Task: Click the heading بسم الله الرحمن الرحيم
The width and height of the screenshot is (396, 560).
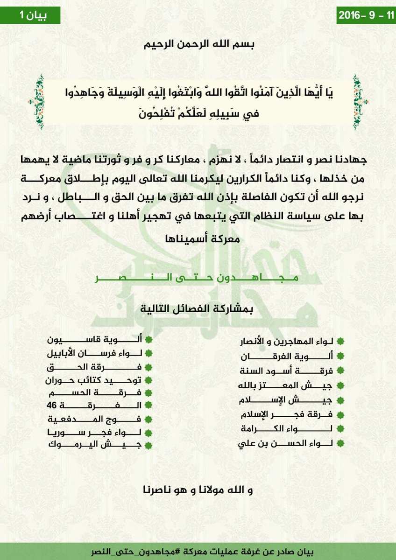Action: click(198, 46)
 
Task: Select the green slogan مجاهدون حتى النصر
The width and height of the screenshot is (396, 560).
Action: click(198, 278)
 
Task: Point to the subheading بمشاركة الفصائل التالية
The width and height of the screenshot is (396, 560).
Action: click(198, 309)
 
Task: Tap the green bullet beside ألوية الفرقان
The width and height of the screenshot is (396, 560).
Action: click(341, 357)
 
